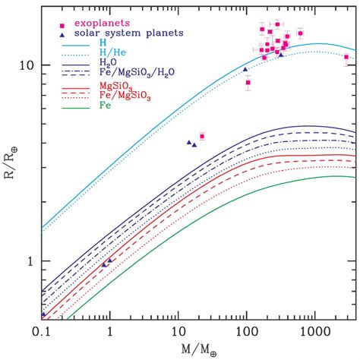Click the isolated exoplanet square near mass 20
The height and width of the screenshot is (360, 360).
point(202,137)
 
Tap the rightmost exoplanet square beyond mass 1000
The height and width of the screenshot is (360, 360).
point(347,57)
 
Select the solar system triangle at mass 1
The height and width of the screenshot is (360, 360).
point(110,261)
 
